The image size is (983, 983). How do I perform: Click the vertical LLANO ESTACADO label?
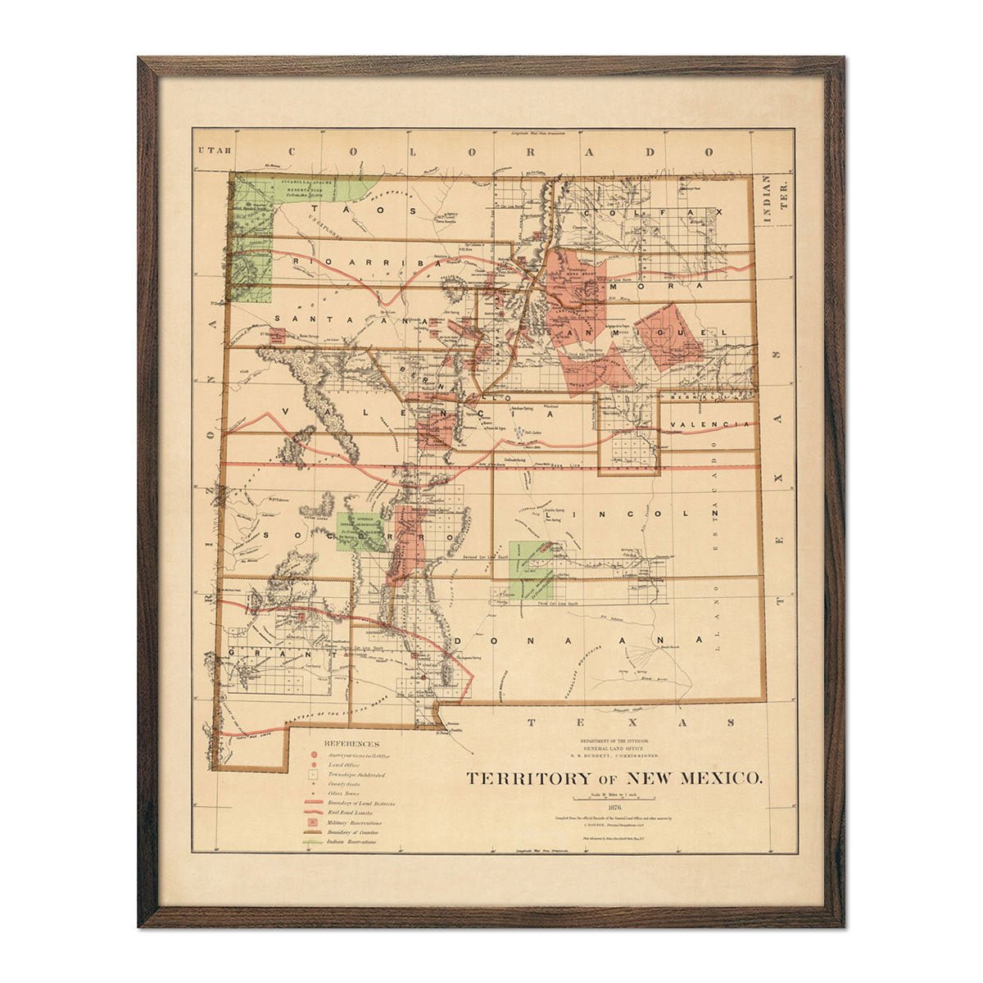pyautogui.click(x=718, y=524)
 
